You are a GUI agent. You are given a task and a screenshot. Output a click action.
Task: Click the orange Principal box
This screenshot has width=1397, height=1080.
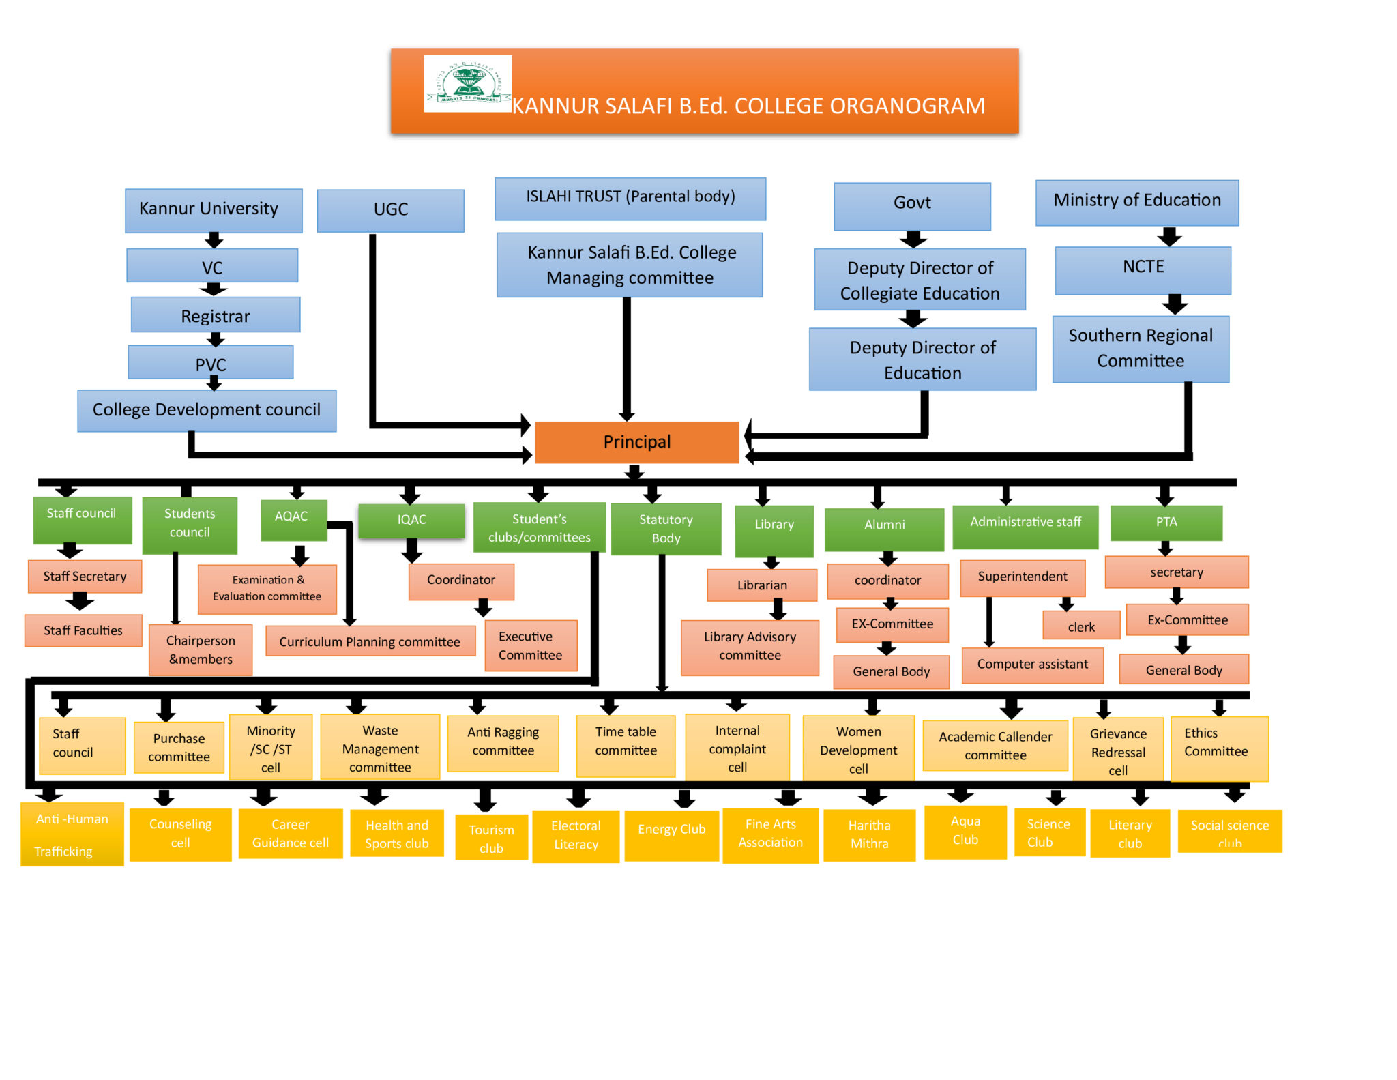click(636, 442)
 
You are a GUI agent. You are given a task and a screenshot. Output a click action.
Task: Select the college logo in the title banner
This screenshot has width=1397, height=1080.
click(468, 83)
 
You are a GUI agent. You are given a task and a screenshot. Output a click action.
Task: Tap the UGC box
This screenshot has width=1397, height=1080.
click(390, 210)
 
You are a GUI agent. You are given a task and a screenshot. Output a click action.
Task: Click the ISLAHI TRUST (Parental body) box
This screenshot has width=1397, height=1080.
click(630, 198)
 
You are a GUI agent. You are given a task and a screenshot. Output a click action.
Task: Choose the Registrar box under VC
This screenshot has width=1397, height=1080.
click(216, 315)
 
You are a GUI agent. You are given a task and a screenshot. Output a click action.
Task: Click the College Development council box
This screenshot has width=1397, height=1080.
click(207, 410)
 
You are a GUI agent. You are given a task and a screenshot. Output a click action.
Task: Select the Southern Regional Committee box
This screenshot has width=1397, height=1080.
click(1141, 349)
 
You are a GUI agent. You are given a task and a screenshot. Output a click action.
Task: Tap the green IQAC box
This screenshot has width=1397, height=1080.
click(411, 520)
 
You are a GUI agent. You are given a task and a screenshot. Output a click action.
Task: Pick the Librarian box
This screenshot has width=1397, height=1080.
click(762, 585)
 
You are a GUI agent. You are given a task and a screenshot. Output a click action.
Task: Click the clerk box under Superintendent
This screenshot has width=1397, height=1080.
click(1081, 626)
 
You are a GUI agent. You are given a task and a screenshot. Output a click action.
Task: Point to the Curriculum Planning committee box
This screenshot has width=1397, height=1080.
click(370, 641)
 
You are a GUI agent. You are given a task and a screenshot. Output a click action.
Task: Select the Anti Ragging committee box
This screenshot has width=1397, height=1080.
click(503, 742)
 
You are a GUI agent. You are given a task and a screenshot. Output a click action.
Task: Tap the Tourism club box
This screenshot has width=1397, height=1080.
click(491, 838)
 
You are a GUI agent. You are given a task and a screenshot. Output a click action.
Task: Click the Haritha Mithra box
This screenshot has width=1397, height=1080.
click(869, 834)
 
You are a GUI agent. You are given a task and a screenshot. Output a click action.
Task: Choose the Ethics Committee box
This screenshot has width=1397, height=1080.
click(1219, 747)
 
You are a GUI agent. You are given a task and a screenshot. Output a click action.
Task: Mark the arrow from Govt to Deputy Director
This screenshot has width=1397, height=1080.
click(913, 239)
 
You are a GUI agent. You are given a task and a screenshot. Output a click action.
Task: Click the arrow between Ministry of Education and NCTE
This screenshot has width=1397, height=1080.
click(1169, 236)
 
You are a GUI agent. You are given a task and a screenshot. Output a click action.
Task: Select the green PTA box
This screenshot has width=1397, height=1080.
click(1166, 523)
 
